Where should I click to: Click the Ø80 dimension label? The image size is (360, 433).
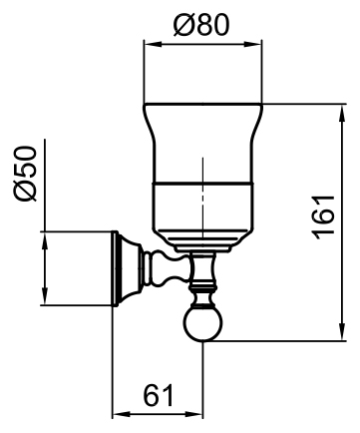tap(201, 25)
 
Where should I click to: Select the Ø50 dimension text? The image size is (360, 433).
tap(25, 174)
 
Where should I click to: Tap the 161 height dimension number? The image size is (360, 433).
tap(323, 217)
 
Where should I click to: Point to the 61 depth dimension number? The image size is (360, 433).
tap(159, 395)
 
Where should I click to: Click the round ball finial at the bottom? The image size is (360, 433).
tap(202, 323)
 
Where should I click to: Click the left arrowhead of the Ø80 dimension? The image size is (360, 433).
tap(153, 44)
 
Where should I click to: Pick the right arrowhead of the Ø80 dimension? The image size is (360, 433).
tap(252, 44)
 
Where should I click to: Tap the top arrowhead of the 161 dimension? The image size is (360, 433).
tap(342, 114)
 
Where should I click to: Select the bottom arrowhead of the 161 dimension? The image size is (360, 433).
tap(342, 331)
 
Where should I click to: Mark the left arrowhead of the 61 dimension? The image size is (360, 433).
tap(122, 414)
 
